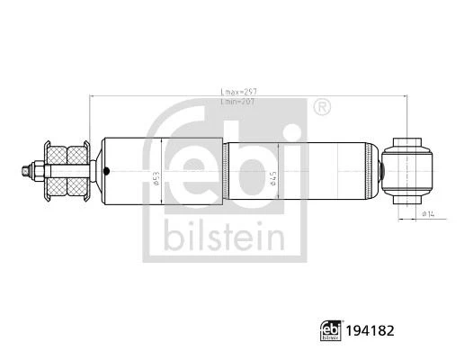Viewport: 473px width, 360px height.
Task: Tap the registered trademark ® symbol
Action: pos(321,106)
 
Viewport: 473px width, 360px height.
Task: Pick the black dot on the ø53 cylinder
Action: pos(106,172)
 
